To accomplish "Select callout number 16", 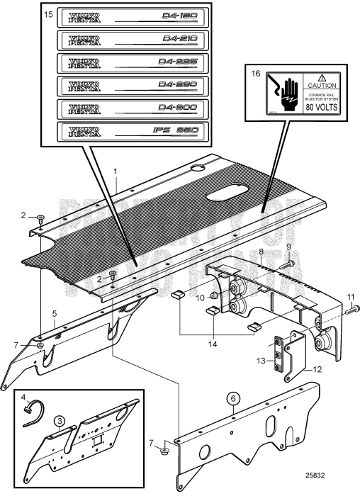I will (255, 73).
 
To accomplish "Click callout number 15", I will (49, 14).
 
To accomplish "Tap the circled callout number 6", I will (232, 398).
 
